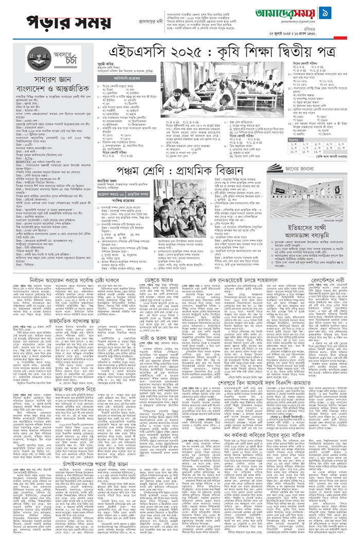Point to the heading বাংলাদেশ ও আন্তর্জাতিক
[x=49, y=98]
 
